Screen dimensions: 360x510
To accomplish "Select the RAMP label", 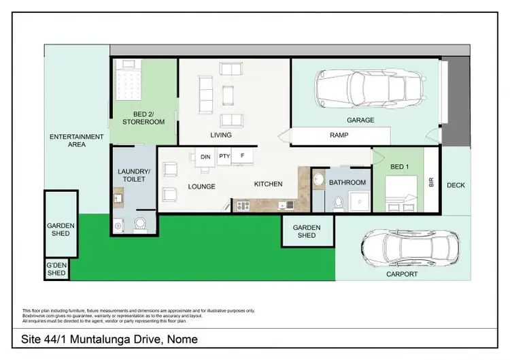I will coord(339,135).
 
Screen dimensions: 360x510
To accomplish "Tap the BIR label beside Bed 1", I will coord(431,182).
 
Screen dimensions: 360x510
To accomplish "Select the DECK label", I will coord(456,185).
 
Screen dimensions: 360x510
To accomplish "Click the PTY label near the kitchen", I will coord(224,157).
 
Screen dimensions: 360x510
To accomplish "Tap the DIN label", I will coord(205,157).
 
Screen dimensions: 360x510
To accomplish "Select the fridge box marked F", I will coord(243,157).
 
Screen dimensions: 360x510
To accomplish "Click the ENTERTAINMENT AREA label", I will coord(77,140).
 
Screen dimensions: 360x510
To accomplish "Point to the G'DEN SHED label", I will coord(56,269).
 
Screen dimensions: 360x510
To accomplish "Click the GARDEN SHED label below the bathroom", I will coord(307,231).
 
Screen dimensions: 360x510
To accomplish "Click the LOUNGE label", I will coord(201,186).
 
